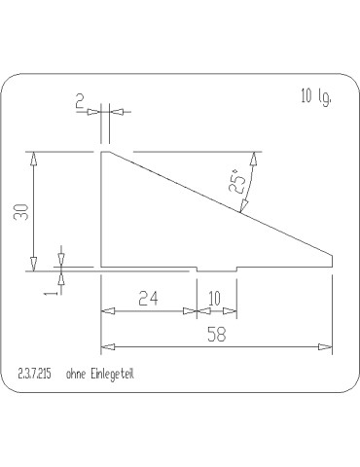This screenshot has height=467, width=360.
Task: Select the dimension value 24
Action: pyautogui.click(x=149, y=299)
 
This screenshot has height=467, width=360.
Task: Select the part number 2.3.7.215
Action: pyautogui.click(x=35, y=374)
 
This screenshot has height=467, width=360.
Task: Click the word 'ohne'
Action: pyautogui.click(x=76, y=374)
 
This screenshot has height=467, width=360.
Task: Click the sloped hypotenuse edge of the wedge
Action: pyautogui.click(x=219, y=203)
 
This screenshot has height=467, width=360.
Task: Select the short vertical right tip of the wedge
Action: pyautogui.click(x=334, y=261)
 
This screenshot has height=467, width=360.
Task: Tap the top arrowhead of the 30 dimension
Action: pyautogui.click(x=34, y=157)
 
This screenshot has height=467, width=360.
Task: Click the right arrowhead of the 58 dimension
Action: pyautogui.click(x=328, y=345)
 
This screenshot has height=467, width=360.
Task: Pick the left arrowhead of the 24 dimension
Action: pyautogui.click(x=107, y=311)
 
